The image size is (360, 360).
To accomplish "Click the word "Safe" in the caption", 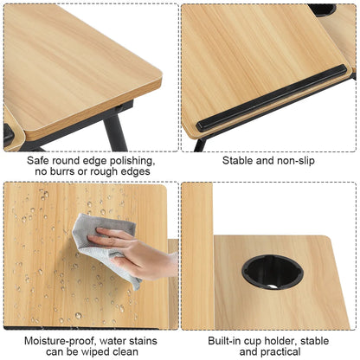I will (40, 160).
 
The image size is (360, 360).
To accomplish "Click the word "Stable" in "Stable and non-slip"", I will (239, 160).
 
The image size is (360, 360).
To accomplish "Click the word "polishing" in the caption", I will (127, 160).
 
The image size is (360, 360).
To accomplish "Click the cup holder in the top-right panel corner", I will (322, 9).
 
